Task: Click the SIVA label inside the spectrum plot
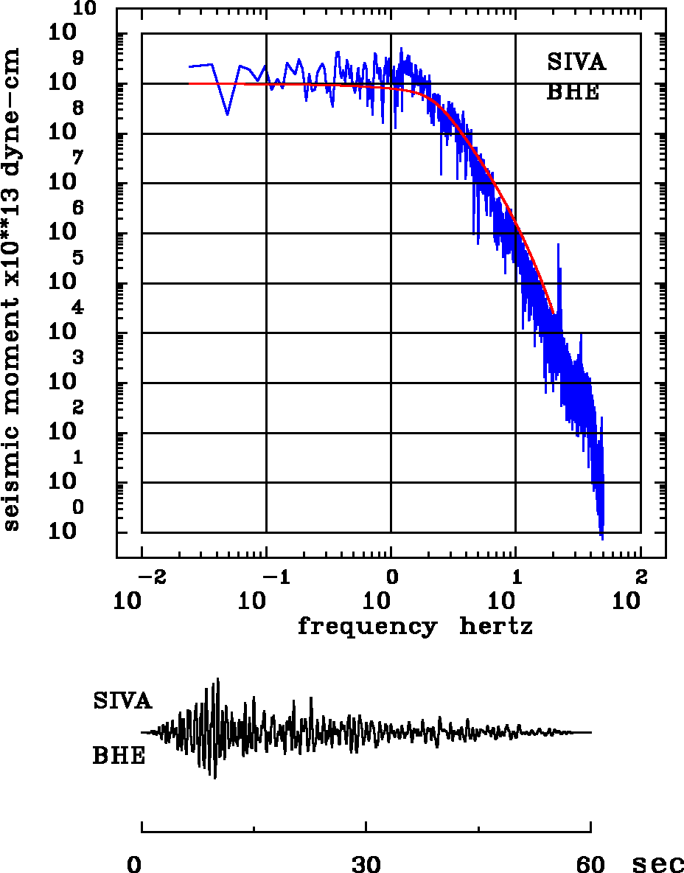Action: [576, 63]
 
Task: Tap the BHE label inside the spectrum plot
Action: [573, 93]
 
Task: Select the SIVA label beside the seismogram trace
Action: [122, 700]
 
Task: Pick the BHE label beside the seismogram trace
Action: [119, 757]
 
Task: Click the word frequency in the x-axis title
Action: [366, 627]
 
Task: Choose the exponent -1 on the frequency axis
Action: [274, 575]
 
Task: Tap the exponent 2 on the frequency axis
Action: [641, 575]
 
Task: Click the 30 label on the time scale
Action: [366, 864]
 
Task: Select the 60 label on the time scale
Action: [591, 864]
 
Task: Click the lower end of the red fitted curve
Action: [553, 313]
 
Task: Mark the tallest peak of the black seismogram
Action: [218, 679]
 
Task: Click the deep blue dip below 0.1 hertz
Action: [227, 114]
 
